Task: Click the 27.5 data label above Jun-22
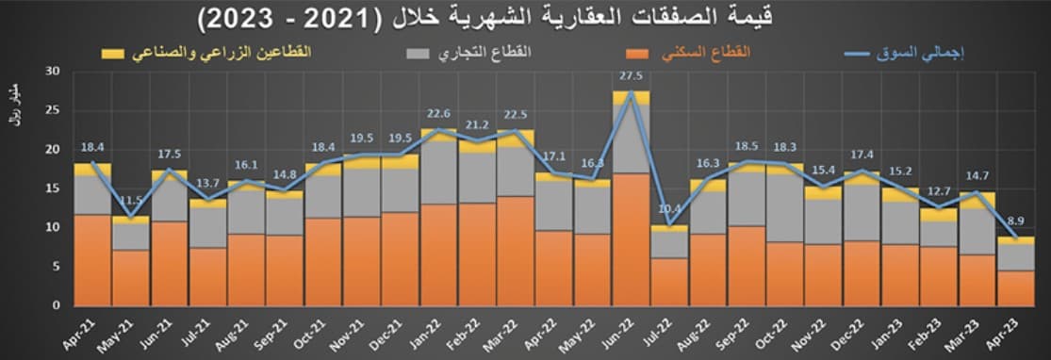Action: pyautogui.click(x=631, y=76)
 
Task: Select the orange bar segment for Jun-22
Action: pyautogui.click(x=631, y=239)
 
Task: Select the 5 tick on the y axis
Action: pyautogui.click(x=56, y=267)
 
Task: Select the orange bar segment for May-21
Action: pyautogui.click(x=130, y=277)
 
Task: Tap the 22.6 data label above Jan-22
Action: pyautogui.click(x=438, y=116)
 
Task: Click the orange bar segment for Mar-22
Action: pyautogui.click(x=516, y=251)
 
